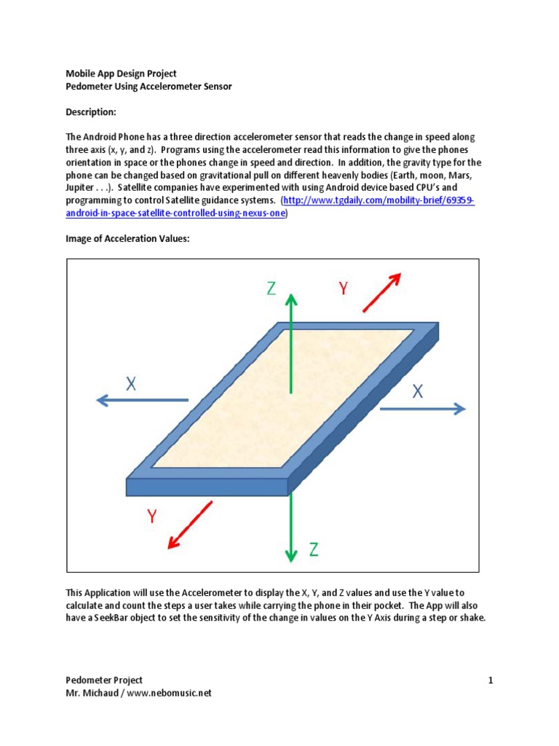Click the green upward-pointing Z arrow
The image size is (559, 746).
pyautogui.click(x=291, y=342)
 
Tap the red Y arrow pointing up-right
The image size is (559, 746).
pyautogui.click(x=382, y=291)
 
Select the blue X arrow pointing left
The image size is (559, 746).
pyautogui.click(x=142, y=400)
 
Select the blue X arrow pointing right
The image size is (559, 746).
pyautogui.click(x=422, y=409)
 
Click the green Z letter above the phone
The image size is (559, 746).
pyautogui.click(x=271, y=288)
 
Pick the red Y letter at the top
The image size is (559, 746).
pyautogui.click(x=343, y=289)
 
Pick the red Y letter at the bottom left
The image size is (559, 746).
pyautogui.click(x=152, y=517)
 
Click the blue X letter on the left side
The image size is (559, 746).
pyautogui.click(x=131, y=384)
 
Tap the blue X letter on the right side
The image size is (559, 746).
pyautogui.click(x=418, y=391)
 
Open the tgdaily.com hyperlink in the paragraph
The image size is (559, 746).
pyautogui.click(x=378, y=200)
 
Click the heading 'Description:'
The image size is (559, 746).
pyautogui.click(x=91, y=112)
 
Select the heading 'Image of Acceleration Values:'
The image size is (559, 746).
pyautogui.click(x=127, y=239)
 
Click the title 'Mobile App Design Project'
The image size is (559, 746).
pyautogui.click(x=122, y=74)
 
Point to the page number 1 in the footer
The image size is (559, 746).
pyautogui.click(x=491, y=680)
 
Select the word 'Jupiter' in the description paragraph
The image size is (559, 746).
pyautogui.click(x=82, y=187)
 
